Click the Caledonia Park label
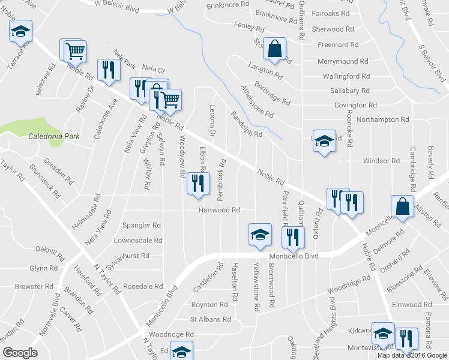(55, 136)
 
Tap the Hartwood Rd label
(220, 210)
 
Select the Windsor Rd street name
(381, 161)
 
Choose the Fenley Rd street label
(249, 28)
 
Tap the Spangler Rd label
(142, 226)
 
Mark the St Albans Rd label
(210, 320)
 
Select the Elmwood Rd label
(408, 304)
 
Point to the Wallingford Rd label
(346, 76)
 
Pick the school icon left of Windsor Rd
(324, 141)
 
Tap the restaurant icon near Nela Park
(108, 70)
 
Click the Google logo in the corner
(20, 352)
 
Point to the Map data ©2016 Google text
(411, 355)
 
